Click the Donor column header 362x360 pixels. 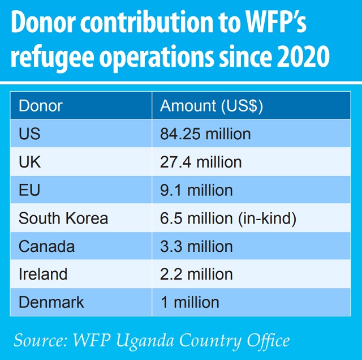[x=41, y=106]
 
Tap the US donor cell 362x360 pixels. [x=29, y=134]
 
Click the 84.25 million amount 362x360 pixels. [x=205, y=134]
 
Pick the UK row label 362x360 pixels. [x=30, y=162]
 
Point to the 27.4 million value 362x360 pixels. [x=201, y=162]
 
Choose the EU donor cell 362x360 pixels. [x=29, y=190]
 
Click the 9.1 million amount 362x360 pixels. [x=196, y=190]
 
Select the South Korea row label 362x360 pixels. [x=63, y=218]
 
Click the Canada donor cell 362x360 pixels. [x=46, y=247]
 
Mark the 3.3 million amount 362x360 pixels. [x=196, y=247]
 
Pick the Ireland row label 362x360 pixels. [x=43, y=275]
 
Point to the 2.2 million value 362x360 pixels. [x=196, y=275]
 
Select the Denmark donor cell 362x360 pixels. [x=51, y=302]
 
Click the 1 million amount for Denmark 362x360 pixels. [x=189, y=302]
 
